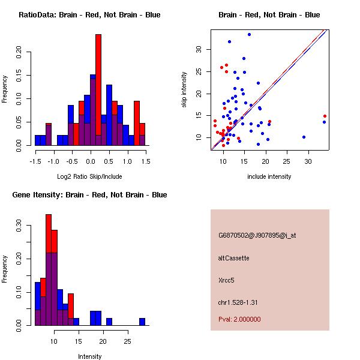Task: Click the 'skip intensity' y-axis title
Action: [x=185, y=90]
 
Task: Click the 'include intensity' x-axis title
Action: [x=269, y=176]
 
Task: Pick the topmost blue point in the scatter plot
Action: [x=249, y=34]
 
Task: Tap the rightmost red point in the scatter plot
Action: [x=325, y=116]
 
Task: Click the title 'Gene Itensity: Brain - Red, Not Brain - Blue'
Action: [x=89, y=195]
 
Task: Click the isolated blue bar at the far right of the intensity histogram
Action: [x=142, y=322]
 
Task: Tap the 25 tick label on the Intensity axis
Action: [x=127, y=341]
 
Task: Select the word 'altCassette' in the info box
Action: [x=234, y=258]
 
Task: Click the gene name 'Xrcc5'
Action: [x=227, y=280]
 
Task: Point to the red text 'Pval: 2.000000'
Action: [x=239, y=319]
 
